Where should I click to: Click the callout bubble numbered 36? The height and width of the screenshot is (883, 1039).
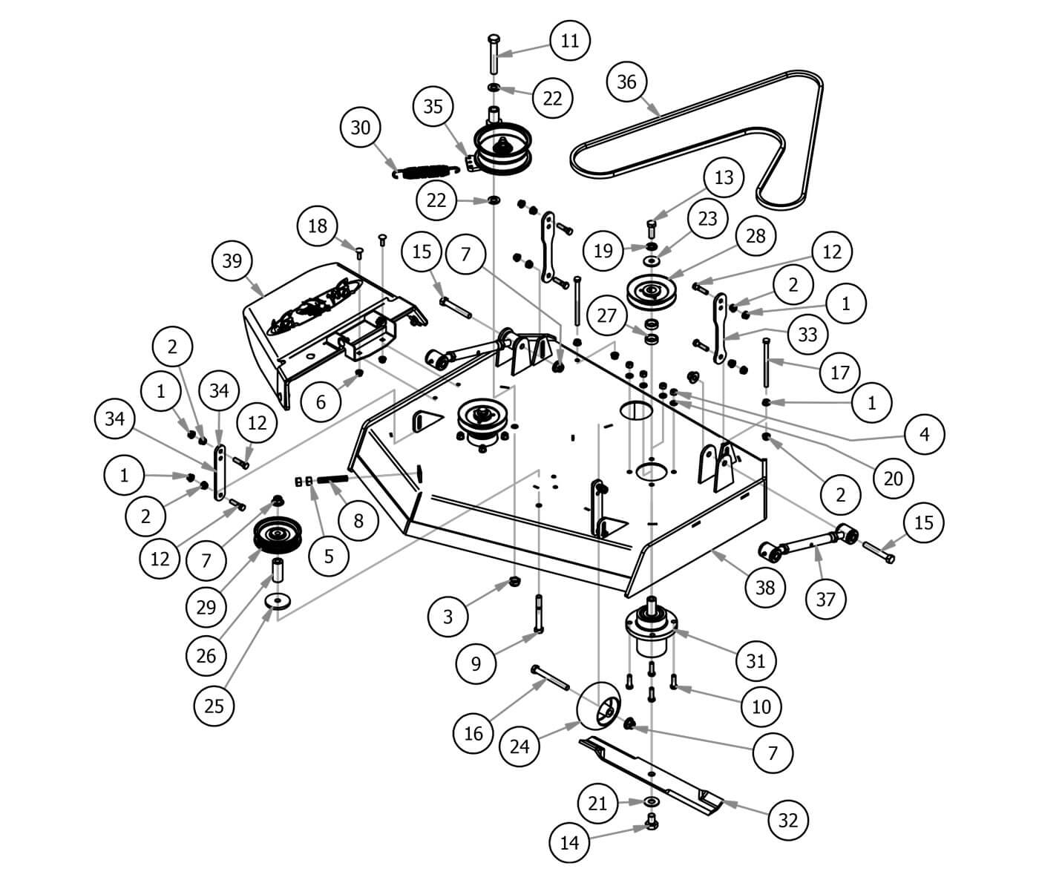[627, 82]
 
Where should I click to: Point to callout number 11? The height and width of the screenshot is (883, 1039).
[569, 40]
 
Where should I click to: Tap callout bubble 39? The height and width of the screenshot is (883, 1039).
[232, 261]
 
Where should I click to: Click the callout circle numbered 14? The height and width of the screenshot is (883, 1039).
[569, 843]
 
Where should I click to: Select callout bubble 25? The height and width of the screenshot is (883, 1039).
[214, 705]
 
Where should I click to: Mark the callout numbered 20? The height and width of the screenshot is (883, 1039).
[894, 479]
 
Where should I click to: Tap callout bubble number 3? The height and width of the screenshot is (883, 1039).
[448, 616]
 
